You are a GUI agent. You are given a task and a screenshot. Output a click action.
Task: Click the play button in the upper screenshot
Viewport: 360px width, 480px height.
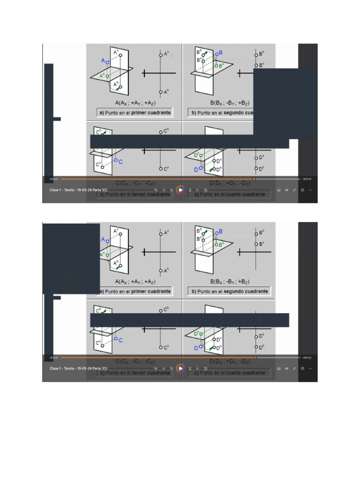pyautogui.click(x=180, y=189)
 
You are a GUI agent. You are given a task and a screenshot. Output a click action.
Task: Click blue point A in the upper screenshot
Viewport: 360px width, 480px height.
pyautogui.click(x=107, y=62)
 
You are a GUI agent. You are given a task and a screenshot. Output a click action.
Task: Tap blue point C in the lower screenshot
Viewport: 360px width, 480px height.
pyautogui.click(x=115, y=339)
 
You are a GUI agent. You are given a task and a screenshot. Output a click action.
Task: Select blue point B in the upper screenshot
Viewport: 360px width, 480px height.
pyautogui.click(x=217, y=54)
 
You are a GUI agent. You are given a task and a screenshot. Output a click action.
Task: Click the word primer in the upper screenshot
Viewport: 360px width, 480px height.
pyautogui.click(x=139, y=113)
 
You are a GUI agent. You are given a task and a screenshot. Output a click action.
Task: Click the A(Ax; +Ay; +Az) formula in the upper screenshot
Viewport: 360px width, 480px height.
pyautogui.click(x=135, y=103)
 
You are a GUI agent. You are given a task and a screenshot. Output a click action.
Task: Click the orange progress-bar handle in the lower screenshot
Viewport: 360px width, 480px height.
pyautogui.click(x=255, y=358)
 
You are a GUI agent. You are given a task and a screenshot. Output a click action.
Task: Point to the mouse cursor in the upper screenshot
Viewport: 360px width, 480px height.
pyautogui.click(x=172, y=55)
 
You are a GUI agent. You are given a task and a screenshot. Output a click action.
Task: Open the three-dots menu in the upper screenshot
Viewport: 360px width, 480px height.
pyautogui.click(x=310, y=190)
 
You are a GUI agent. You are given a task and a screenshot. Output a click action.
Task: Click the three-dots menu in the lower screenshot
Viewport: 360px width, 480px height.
pyautogui.click(x=310, y=368)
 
